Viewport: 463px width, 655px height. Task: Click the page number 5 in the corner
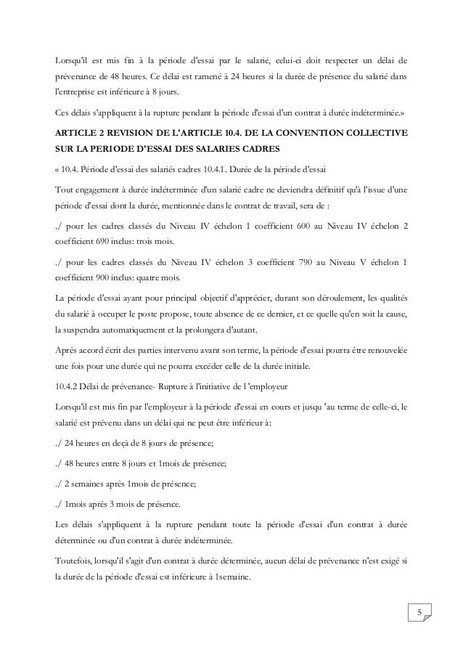[418, 617]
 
